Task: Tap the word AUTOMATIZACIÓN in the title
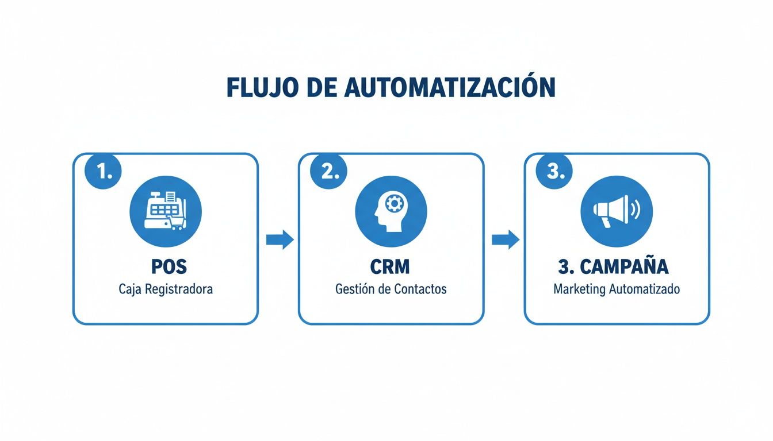[451, 87]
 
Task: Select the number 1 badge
[104, 172]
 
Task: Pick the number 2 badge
[329, 172]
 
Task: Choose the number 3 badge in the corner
[554, 172]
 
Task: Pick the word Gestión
[355, 289]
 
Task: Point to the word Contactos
[420, 289]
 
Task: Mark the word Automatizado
[645, 289]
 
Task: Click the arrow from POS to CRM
[280, 240]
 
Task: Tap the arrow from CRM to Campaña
[505, 240]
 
